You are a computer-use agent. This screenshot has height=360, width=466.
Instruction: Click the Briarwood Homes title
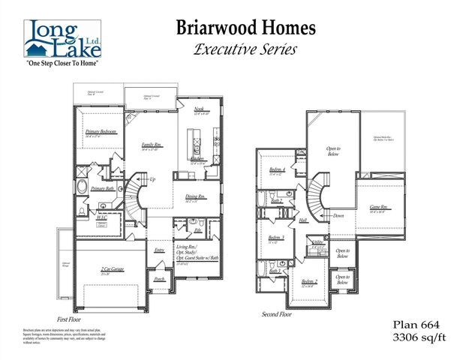[245, 28]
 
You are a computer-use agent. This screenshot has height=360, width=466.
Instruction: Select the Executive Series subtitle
[245, 50]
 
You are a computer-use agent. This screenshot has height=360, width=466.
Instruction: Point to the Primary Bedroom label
[100, 132]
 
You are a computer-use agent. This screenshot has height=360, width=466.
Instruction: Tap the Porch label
[159, 279]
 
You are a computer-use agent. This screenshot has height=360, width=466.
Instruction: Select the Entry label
[160, 250]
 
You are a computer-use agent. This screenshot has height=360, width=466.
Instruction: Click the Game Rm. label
[379, 207]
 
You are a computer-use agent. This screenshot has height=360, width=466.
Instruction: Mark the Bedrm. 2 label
[308, 281]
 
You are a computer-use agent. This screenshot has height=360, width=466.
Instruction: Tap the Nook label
[198, 109]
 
